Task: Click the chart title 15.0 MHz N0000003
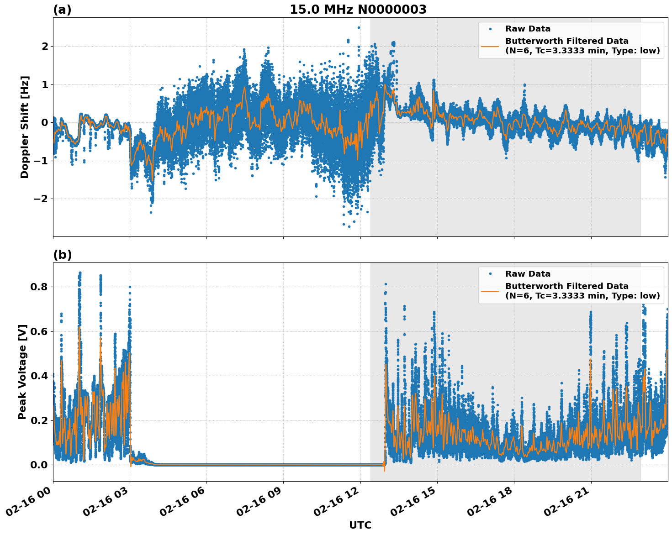click(358, 10)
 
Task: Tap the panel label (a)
click(62, 10)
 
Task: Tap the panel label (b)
click(62, 255)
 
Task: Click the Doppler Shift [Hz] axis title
click(25, 127)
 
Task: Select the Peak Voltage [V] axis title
click(22, 372)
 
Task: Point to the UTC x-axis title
click(360, 525)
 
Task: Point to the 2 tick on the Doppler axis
click(45, 46)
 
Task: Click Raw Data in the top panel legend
click(528, 29)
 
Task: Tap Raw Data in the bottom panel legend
click(528, 274)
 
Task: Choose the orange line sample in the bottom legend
click(490, 291)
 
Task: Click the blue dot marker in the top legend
click(490, 29)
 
